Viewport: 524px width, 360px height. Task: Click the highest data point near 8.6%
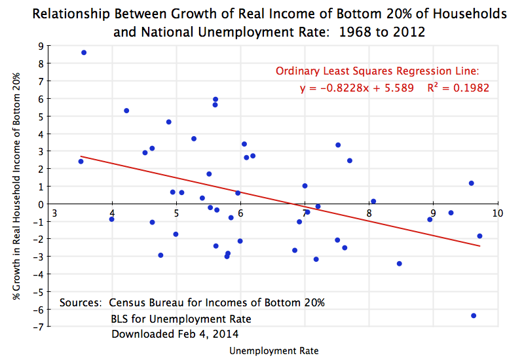pyautogui.click(x=84, y=52)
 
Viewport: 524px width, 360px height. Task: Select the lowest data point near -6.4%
pyautogui.click(x=474, y=315)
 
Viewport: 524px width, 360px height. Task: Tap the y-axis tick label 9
pyautogui.click(x=41, y=46)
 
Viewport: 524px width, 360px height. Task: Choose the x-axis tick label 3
pyautogui.click(x=54, y=213)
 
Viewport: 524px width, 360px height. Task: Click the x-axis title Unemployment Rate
pyautogui.click(x=274, y=351)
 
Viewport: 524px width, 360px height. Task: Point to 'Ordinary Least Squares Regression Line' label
pyautogui.click(x=377, y=71)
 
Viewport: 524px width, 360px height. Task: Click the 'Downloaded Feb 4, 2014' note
pyautogui.click(x=166, y=333)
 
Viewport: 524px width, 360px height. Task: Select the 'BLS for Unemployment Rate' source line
pyautogui.click(x=181, y=319)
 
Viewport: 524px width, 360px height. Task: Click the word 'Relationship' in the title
pyautogui.click(x=78, y=14)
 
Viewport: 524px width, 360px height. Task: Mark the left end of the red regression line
pyautogui.click(x=81, y=156)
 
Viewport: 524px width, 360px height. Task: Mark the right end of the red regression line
pyautogui.click(x=480, y=246)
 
